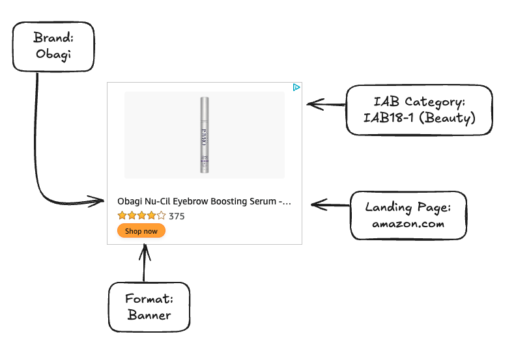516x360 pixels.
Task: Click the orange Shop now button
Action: coord(141,231)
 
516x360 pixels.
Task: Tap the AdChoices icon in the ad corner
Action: coord(296,87)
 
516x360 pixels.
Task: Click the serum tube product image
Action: coord(205,135)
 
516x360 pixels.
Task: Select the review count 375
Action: coord(177,216)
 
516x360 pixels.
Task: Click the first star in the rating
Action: coord(122,215)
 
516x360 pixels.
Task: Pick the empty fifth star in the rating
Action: coord(162,215)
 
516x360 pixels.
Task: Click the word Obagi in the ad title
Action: coord(129,202)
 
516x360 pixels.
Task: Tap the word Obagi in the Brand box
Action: coord(53,54)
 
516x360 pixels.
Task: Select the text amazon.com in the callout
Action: coord(408,223)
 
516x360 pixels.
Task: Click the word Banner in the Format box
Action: coord(149,315)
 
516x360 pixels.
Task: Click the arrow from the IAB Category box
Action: coord(326,104)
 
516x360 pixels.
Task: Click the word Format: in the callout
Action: coord(149,299)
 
